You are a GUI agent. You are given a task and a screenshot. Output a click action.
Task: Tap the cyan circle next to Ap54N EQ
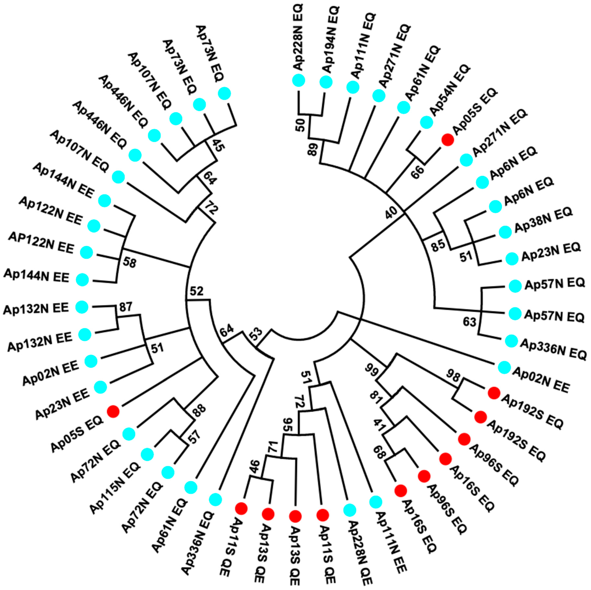point(426,122)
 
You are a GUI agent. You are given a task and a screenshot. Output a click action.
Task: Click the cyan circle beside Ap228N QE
point(350,510)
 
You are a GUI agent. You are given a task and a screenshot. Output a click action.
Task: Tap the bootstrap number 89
point(313,149)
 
